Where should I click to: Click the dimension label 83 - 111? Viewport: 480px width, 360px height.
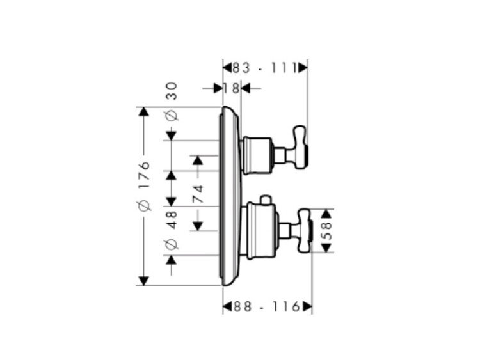[x=265, y=68]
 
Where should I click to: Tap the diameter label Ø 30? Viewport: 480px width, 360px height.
[x=172, y=102]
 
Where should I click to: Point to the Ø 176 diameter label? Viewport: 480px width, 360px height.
[x=144, y=186]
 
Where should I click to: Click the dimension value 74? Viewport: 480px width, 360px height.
[x=198, y=194]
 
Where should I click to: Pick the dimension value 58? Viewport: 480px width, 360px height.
[x=327, y=231]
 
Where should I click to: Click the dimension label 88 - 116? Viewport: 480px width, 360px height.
[x=267, y=306]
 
